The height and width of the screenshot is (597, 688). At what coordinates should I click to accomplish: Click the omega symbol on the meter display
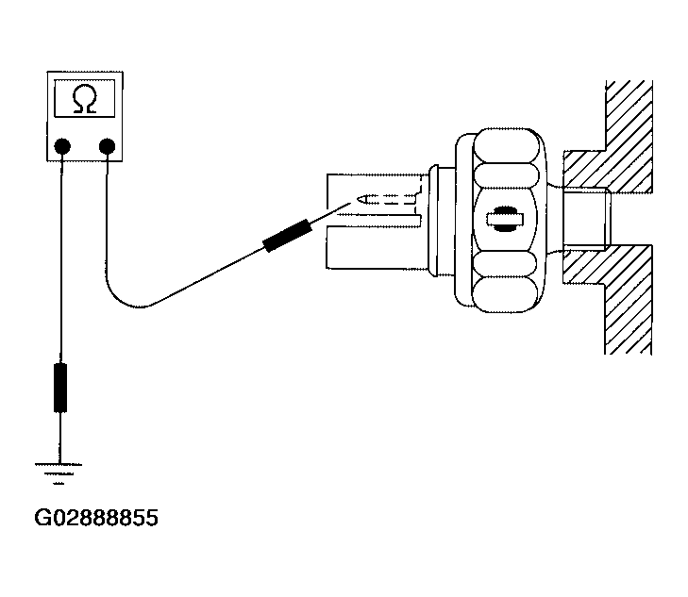tap(85, 99)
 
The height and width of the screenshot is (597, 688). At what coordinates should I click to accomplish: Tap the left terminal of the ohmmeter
tap(62, 146)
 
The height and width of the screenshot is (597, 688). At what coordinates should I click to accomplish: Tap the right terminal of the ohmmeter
tap(107, 146)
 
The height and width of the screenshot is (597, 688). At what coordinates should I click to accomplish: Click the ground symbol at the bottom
tap(59, 473)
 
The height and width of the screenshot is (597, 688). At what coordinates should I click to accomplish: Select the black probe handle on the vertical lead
tap(60, 388)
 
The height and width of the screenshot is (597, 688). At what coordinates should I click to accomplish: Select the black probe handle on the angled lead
tap(288, 236)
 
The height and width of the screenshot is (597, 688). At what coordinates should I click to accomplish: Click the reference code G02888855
tap(96, 518)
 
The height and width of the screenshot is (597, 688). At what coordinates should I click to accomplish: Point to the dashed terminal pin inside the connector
tap(386, 199)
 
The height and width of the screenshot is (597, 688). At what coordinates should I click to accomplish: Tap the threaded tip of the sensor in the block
tap(587, 219)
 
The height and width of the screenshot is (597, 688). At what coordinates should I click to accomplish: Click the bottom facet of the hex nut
tap(506, 294)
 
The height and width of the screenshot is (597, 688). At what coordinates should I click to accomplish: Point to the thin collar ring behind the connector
tap(433, 221)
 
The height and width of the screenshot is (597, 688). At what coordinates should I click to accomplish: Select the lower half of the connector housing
tap(374, 247)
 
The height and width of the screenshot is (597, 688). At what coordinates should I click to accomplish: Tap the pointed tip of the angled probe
tap(350, 203)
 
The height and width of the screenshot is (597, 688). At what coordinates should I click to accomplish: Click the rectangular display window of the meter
tap(85, 98)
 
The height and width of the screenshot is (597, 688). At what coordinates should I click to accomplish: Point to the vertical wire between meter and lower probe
tap(61, 258)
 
